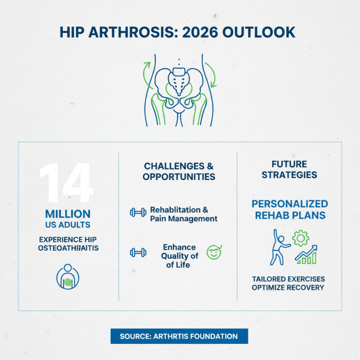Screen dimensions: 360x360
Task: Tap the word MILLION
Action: (x=67, y=214)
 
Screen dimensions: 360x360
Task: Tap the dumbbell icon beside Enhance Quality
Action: (x=138, y=252)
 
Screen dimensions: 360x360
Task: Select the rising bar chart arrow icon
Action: (x=306, y=255)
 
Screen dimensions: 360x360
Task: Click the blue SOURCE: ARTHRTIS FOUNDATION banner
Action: (x=180, y=336)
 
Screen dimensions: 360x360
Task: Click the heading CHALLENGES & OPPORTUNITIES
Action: (x=179, y=171)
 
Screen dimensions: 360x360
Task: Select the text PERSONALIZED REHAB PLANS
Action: (x=290, y=209)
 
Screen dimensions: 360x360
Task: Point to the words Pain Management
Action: (x=184, y=219)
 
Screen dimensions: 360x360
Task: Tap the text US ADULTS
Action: (x=67, y=225)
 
